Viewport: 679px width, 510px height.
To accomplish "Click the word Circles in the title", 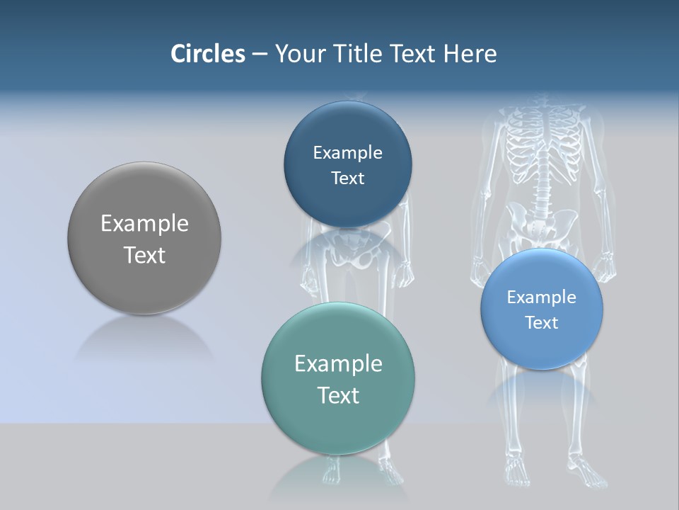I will point(207,54).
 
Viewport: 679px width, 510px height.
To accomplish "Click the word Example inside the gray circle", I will point(144,224).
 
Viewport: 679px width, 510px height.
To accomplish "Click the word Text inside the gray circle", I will point(144,255).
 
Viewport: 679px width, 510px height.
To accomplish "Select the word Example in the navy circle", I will point(347,153).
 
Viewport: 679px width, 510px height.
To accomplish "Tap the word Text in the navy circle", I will point(347,178).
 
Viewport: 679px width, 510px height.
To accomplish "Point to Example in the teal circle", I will point(338,364).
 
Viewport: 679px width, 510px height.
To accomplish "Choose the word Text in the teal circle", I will point(338,395).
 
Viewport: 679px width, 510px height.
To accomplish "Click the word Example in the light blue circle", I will point(541,297).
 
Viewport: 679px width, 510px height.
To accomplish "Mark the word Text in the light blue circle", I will point(541,323).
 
